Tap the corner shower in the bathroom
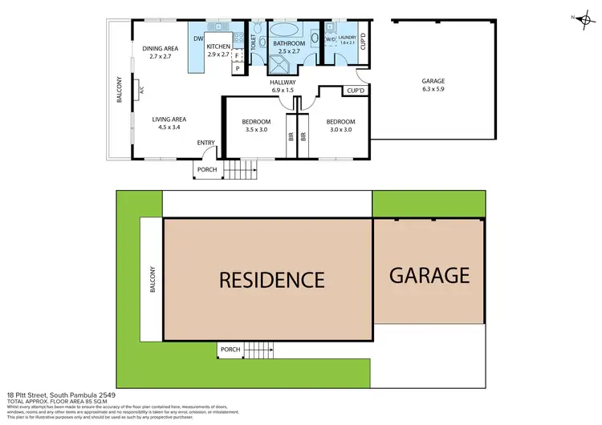click(x=303, y=62)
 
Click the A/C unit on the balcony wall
click(x=140, y=91)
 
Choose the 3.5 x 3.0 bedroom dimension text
click(x=256, y=129)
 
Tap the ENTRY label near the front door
click(x=206, y=143)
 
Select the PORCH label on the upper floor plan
click(x=209, y=169)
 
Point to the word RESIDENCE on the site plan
click(x=271, y=280)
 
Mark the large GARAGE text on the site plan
click(x=429, y=275)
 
